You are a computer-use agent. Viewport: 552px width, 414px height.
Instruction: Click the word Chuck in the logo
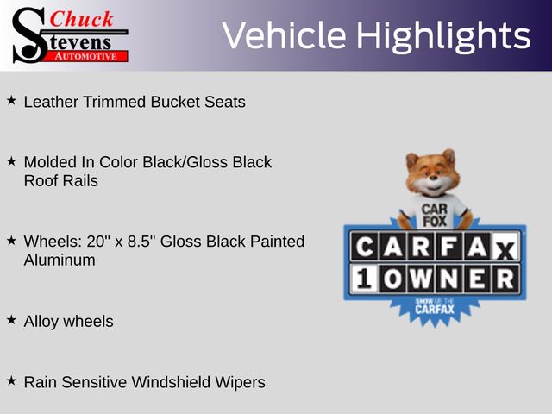tap(81, 19)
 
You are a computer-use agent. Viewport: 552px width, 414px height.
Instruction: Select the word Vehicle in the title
tap(284, 35)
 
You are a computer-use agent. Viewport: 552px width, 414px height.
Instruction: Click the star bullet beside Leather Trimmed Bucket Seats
tap(11, 101)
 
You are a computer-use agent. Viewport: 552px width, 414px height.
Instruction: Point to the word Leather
tap(51, 102)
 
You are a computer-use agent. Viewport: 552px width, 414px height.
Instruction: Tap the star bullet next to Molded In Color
tap(11, 161)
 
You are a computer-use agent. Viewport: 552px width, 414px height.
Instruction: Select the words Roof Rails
tap(61, 181)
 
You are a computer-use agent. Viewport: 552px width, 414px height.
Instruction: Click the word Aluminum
tap(60, 260)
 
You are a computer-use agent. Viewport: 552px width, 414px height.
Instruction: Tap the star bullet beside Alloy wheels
tap(11, 320)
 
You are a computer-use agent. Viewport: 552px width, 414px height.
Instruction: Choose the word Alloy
tap(41, 322)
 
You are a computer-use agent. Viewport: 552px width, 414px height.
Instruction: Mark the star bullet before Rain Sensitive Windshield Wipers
tap(11, 380)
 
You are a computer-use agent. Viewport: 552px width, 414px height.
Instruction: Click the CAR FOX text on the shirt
tap(435, 215)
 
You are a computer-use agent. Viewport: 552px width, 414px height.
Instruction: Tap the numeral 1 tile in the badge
tap(364, 279)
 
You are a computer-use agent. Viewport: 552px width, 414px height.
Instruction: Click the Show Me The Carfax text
tap(435, 306)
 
